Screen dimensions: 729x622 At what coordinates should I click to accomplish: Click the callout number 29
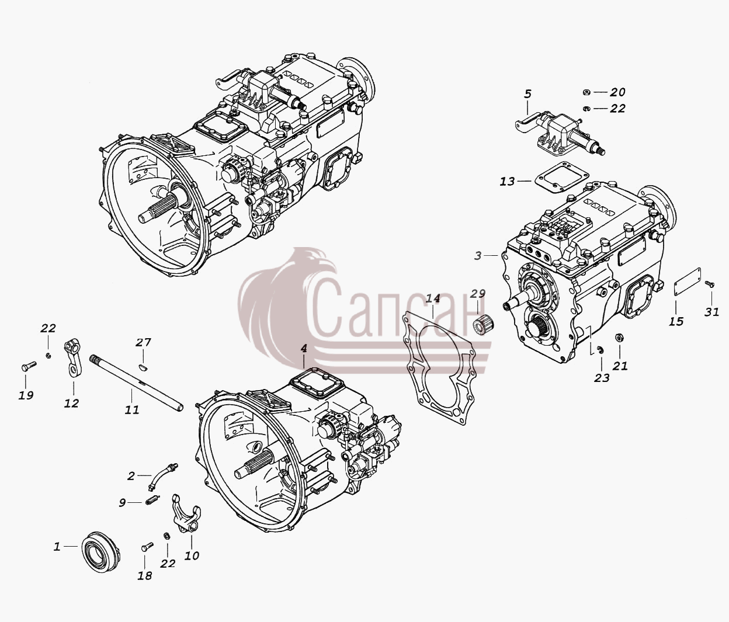(x=478, y=293)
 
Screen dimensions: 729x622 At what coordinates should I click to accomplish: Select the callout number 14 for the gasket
(x=433, y=298)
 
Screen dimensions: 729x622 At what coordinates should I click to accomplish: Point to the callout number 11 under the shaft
(x=131, y=410)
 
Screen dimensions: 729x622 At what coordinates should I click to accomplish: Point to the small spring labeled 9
(x=152, y=500)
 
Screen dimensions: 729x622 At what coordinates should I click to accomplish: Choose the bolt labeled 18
(x=147, y=557)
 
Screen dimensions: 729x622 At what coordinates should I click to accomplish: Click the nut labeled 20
(x=586, y=92)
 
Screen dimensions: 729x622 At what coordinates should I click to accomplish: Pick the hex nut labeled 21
(x=618, y=338)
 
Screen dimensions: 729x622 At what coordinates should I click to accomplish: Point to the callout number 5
(x=527, y=94)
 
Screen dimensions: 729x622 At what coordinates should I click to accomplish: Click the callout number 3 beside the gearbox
(x=478, y=255)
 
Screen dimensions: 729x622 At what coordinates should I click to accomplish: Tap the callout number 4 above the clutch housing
(x=304, y=348)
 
